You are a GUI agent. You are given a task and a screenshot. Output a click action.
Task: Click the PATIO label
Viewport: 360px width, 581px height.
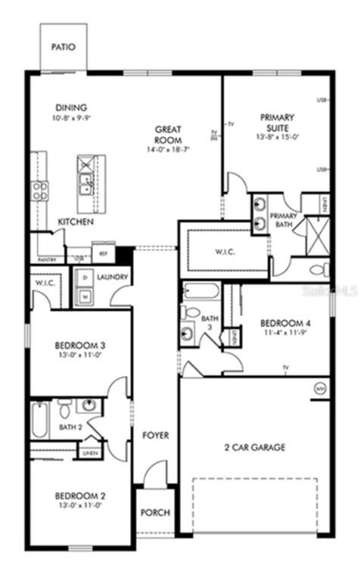[x=64, y=47]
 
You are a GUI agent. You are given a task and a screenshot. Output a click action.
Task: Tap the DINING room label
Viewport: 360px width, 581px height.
[x=70, y=107]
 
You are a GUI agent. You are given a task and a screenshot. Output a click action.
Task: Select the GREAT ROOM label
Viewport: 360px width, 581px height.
[x=166, y=135]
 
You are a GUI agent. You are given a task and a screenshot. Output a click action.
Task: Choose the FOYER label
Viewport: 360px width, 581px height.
[x=156, y=436]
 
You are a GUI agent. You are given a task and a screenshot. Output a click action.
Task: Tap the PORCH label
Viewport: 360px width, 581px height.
[x=155, y=512]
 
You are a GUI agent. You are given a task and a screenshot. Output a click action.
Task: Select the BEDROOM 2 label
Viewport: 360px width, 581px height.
[x=79, y=496]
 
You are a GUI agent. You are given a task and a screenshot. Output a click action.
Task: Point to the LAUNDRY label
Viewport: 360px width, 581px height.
[x=113, y=278]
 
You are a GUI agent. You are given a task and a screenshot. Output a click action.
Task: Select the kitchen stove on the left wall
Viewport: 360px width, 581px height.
[x=39, y=189]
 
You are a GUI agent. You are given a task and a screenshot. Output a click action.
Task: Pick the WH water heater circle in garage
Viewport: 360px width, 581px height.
[x=318, y=388]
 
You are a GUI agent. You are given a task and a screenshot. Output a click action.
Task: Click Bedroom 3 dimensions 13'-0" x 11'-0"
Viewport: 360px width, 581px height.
[x=79, y=356]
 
